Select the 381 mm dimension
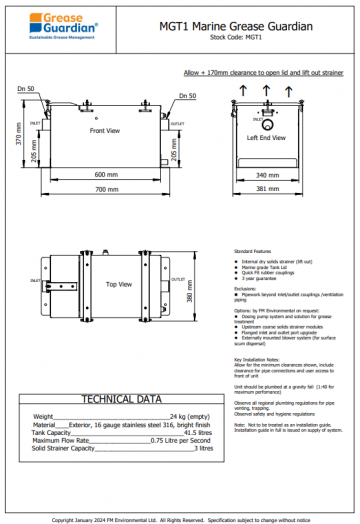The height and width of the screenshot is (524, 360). click(266, 188)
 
